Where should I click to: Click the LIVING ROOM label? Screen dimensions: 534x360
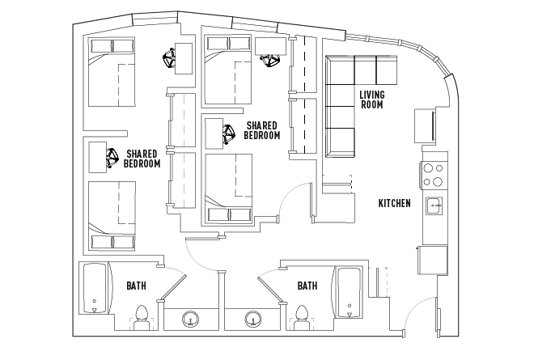click(372, 100)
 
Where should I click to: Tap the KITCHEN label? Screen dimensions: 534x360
click(394, 203)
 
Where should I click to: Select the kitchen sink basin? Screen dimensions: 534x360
click(434, 205)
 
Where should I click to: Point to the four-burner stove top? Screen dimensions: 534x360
click(433, 175)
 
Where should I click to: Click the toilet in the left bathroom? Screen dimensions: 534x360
click(142, 317)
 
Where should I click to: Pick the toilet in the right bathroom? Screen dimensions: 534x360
click(302, 317)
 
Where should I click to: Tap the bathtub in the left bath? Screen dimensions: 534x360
click(95, 288)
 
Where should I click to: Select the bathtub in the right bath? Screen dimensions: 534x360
click(349, 293)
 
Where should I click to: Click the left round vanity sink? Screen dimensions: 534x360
click(191, 320)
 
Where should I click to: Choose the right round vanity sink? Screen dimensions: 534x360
click(253, 320)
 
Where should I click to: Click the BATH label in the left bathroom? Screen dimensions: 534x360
click(136, 286)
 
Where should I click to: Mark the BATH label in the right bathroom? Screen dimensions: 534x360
click(307, 286)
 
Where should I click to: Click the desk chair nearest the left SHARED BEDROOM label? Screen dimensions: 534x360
click(112, 158)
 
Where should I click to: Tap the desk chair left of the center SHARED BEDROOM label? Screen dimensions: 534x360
click(228, 134)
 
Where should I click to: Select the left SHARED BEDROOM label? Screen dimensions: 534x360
click(142, 159)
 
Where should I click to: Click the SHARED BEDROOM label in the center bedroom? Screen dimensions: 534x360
click(262, 130)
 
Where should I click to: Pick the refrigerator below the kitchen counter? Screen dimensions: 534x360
click(433, 260)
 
